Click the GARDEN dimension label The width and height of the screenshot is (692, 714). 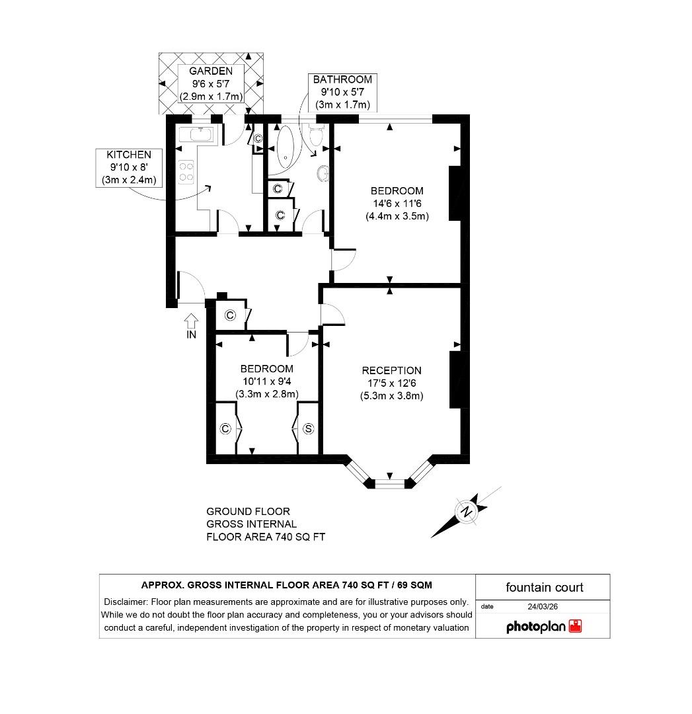click(211, 84)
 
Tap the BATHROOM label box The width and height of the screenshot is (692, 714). click(342, 92)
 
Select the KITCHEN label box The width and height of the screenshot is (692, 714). click(129, 167)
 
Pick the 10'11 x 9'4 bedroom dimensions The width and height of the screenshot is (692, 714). click(267, 387)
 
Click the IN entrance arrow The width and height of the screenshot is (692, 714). click(192, 322)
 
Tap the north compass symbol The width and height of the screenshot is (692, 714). click(467, 512)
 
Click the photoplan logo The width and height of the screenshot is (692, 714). click(543, 626)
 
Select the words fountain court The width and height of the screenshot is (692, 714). click(544, 587)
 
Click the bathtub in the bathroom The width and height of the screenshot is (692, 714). click(287, 144)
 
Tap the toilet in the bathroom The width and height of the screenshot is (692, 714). click(315, 138)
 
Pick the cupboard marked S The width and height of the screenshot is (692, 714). click(308, 429)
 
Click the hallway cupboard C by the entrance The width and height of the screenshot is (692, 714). click(230, 315)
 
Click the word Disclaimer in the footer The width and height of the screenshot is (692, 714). click(126, 602)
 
